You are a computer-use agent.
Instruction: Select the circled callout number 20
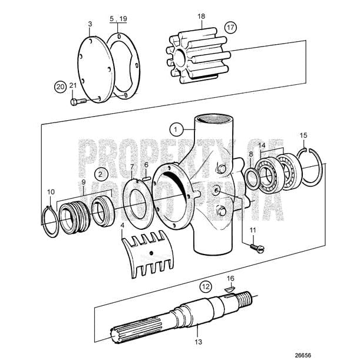click(60, 86)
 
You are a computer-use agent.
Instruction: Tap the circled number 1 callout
click(175, 127)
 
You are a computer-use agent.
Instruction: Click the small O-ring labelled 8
click(251, 177)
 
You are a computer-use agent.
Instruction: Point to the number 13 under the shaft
click(197, 341)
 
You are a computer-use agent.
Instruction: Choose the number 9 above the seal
click(83, 182)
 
